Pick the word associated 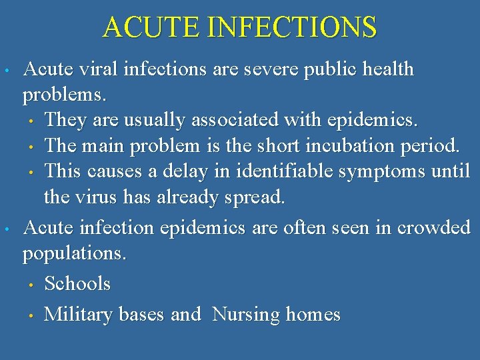[x=243, y=120]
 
